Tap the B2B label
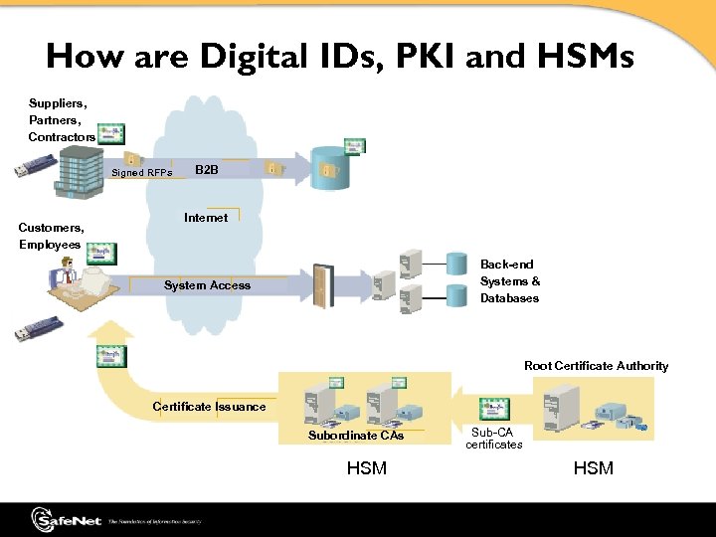pyautogui.click(x=207, y=170)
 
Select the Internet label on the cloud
pyautogui.click(x=206, y=218)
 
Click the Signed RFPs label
pyautogui.click(x=142, y=173)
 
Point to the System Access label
pyautogui.click(x=207, y=285)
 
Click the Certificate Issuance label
pyautogui.click(x=209, y=407)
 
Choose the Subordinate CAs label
pyautogui.click(x=356, y=436)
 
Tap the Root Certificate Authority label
pyautogui.click(x=596, y=366)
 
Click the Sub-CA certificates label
pyautogui.click(x=493, y=439)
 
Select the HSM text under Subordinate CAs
pyautogui.click(x=366, y=467)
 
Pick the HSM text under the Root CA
pyautogui.click(x=594, y=467)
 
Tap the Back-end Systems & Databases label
pyautogui.click(x=509, y=281)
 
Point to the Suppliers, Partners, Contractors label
pyautogui.click(x=61, y=119)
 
